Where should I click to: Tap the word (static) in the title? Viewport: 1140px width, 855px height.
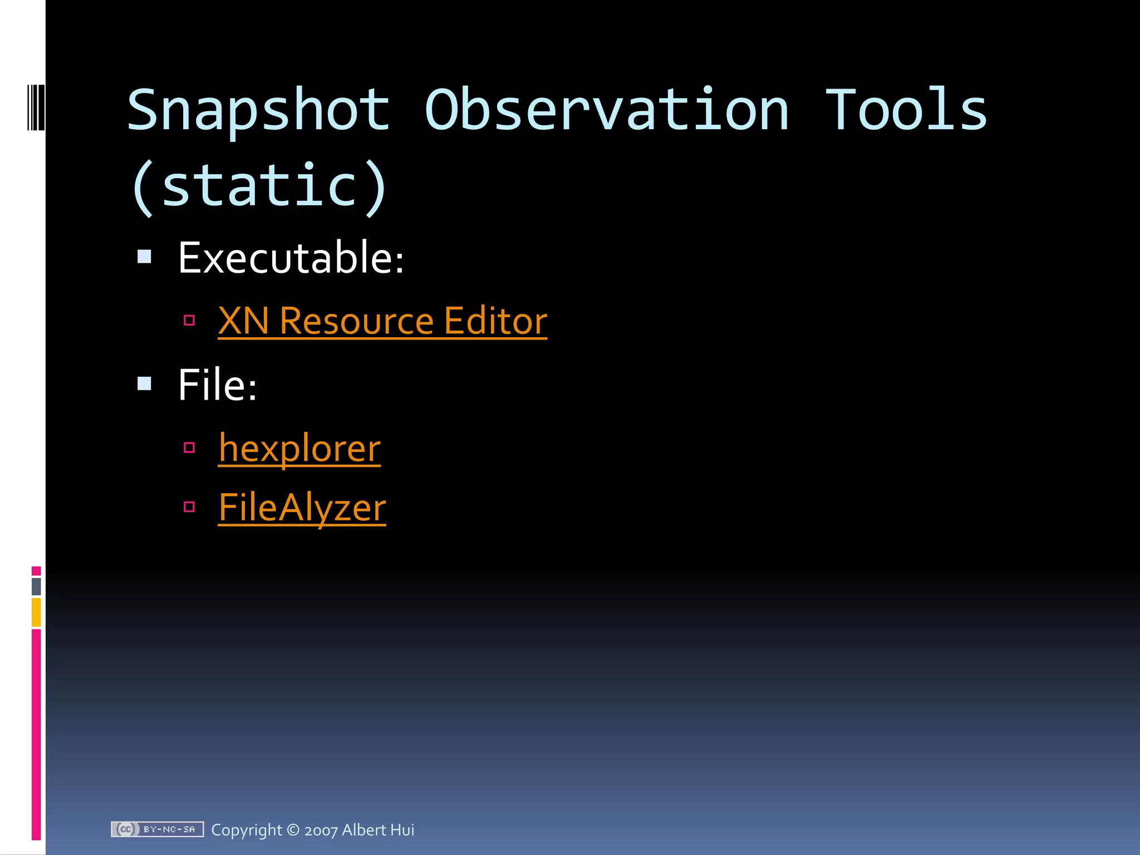259,186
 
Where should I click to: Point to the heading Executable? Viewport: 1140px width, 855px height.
291,258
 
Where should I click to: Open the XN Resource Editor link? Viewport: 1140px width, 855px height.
382,321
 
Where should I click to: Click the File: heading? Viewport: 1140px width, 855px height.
217,385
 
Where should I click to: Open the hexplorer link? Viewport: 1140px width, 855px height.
299,448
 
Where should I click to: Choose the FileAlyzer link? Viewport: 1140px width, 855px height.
302,508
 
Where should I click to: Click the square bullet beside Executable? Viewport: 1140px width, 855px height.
145,257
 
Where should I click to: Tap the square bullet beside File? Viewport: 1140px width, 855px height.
145,384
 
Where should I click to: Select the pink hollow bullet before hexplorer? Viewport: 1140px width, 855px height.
189,448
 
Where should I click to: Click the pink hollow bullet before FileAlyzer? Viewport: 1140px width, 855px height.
189,507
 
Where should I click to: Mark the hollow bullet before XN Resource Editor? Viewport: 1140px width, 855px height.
189,320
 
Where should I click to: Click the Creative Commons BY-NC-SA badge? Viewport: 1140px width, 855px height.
157,829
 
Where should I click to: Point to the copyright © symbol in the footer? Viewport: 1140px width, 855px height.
293,830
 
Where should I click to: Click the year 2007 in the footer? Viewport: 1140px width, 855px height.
321,831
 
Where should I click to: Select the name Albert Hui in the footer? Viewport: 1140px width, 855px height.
378,830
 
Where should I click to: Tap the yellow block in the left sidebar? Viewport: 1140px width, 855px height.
36,612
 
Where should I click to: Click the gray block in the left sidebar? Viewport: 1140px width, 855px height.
36,586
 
